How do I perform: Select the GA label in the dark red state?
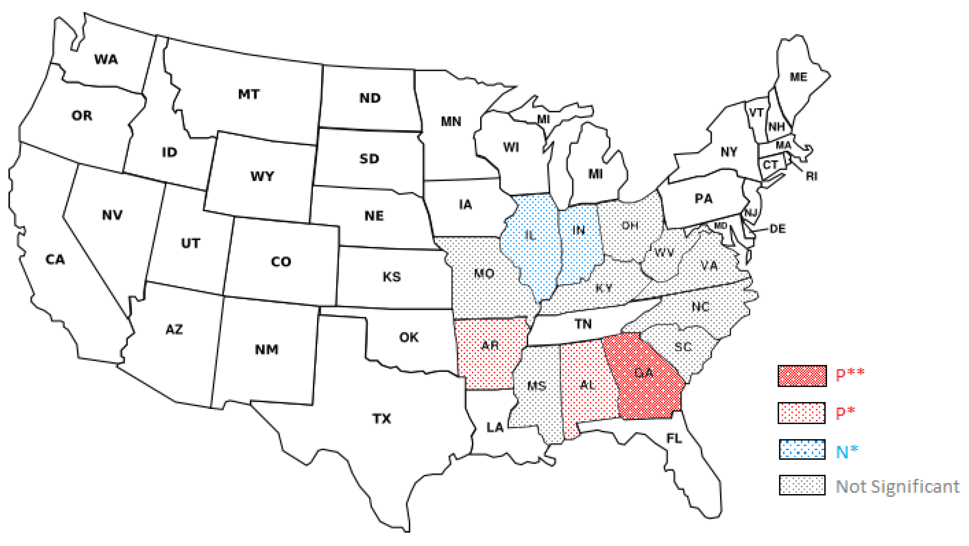click(x=644, y=373)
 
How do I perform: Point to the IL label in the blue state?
click(x=530, y=235)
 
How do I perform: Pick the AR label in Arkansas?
click(x=490, y=345)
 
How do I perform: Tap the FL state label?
click(x=674, y=438)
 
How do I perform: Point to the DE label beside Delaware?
click(x=777, y=229)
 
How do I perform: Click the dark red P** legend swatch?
click(x=802, y=375)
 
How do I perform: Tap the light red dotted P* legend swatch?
click(x=801, y=413)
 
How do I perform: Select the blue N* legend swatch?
click(x=802, y=449)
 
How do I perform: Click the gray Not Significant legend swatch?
click(x=802, y=485)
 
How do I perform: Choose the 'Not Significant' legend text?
click(x=898, y=486)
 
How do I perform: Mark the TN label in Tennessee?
click(x=583, y=324)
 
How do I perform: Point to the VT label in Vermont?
click(x=756, y=113)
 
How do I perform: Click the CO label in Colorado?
click(x=281, y=262)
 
